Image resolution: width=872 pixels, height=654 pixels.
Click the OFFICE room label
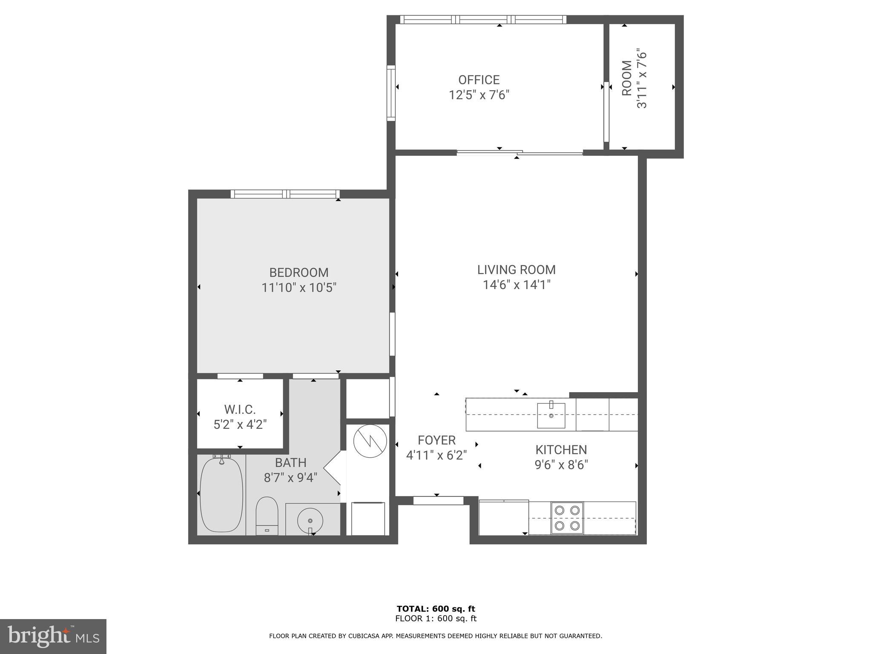point(479,80)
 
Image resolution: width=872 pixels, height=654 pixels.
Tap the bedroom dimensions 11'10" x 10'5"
point(299,288)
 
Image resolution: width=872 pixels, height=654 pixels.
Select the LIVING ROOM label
point(516,270)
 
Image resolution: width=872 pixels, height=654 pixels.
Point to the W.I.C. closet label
point(240,410)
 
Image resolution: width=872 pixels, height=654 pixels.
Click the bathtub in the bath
point(221,494)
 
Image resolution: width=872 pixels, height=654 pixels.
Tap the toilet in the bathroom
point(267,515)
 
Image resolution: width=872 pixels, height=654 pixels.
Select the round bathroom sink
point(310,520)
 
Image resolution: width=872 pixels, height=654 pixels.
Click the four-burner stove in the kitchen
point(568,517)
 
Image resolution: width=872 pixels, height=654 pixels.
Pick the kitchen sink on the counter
point(551,415)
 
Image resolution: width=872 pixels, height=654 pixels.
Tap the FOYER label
point(436,440)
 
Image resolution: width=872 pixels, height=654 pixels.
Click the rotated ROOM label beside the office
point(627,78)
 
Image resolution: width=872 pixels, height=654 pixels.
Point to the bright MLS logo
point(53,636)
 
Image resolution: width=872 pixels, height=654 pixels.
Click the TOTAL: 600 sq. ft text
point(436,609)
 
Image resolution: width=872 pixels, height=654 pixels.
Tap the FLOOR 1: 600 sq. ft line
point(436,619)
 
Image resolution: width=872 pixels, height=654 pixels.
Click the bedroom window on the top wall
point(285,194)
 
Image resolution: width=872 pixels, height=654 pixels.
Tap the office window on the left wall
point(391,93)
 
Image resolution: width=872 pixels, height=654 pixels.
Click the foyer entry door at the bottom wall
point(438,501)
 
